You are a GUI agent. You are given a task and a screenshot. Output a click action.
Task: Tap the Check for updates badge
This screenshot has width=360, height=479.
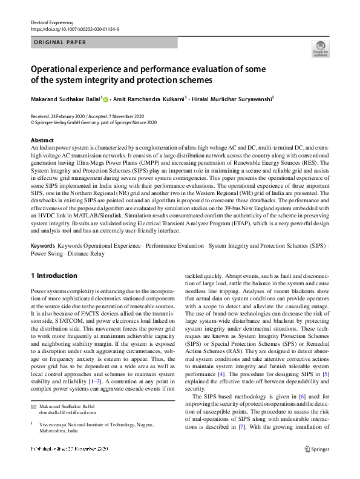[320, 48]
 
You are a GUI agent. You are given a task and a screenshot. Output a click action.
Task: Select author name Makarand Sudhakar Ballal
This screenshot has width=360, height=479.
[67, 99]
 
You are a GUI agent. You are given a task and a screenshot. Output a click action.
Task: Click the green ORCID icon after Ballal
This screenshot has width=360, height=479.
[106, 99]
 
